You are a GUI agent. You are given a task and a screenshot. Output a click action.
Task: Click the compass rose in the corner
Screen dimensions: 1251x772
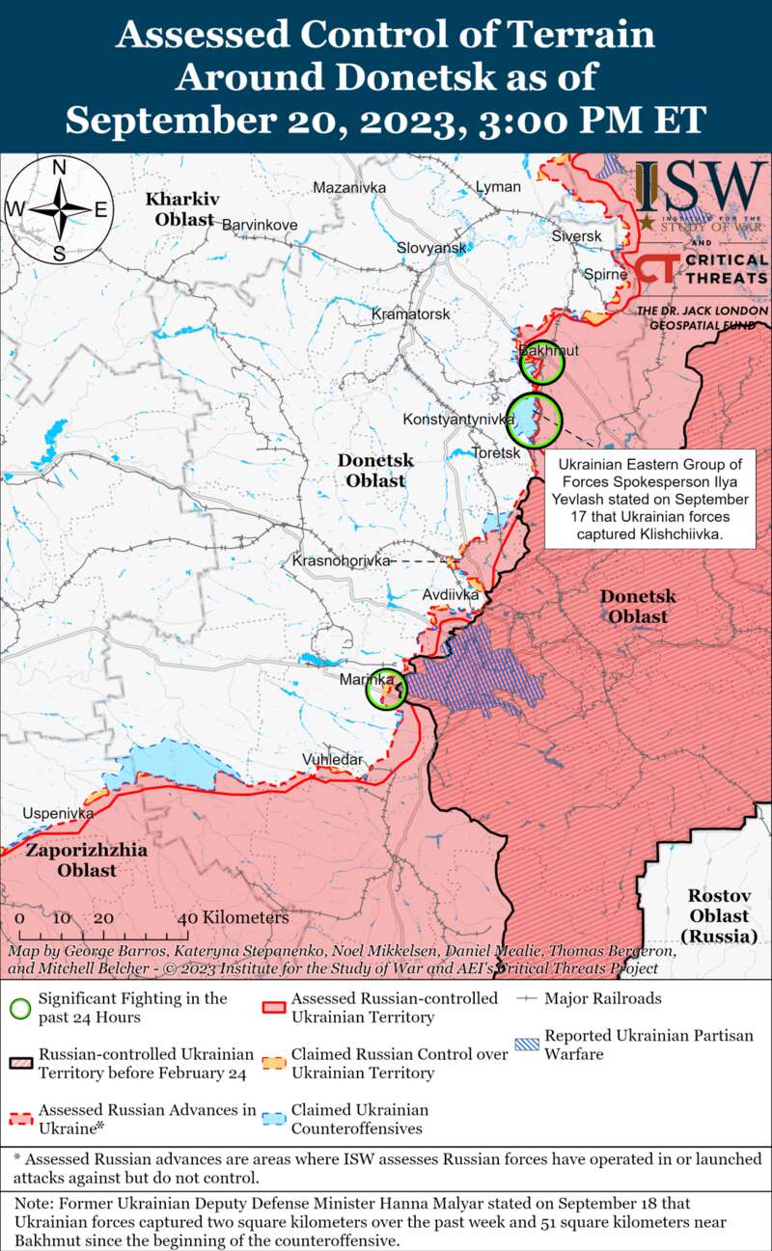pyautogui.click(x=58, y=210)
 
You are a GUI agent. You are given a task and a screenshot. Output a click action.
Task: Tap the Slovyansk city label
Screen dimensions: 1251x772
pyautogui.click(x=431, y=248)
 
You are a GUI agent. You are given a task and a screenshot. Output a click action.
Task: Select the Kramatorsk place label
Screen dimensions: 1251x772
pyautogui.click(x=411, y=314)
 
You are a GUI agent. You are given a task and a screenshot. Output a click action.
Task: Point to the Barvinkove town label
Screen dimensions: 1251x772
pyautogui.click(x=260, y=225)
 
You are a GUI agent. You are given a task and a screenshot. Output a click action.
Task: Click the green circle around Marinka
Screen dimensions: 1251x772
pyautogui.click(x=386, y=690)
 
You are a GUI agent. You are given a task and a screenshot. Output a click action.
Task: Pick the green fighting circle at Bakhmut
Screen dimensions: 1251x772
pyautogui.click(x=540, y=364)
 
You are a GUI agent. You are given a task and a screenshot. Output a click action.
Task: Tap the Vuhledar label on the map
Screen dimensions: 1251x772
pyautogui.click(x=333, y=759)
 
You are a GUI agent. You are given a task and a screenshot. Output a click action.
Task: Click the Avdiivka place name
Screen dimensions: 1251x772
pyautogui.click(x=451, y=595)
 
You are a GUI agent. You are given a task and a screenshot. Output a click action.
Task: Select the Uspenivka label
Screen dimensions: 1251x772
pyautogui.click(x=58, y=813)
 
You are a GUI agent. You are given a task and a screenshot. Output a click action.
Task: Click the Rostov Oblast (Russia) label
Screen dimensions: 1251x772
pyautogui.click(x=719, y=915)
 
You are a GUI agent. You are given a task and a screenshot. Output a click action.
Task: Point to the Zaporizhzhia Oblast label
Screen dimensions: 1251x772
pyautogui.click(x=87, y=860)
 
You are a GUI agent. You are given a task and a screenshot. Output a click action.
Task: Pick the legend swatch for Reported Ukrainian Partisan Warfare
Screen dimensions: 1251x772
pyautogui.click(x=528, y=1045)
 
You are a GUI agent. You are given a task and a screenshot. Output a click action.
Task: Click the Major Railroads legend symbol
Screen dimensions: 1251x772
pyautogui.click(x=528, y=999)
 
